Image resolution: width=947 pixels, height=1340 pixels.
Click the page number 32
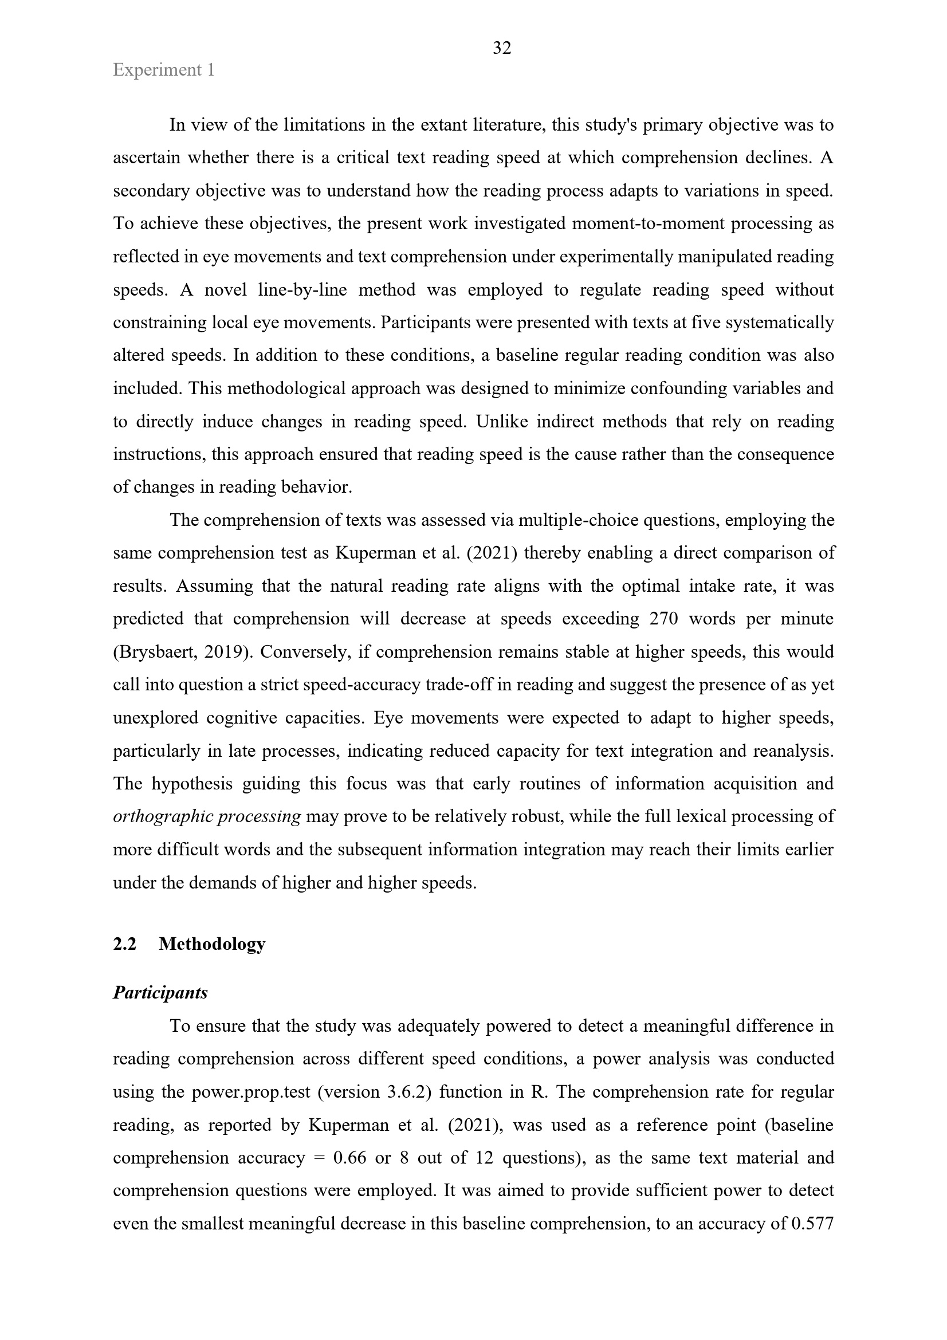point(502,48)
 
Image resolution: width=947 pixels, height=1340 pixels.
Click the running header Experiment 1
point(163,70)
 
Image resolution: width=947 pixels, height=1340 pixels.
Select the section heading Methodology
point(212,944)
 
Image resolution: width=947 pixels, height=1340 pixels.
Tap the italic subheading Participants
point(160,993)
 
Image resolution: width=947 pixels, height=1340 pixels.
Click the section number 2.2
point(124,944)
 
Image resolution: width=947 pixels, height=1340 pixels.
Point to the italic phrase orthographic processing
point(207,816)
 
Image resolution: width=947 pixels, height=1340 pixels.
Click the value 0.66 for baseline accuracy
point(349,1157)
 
